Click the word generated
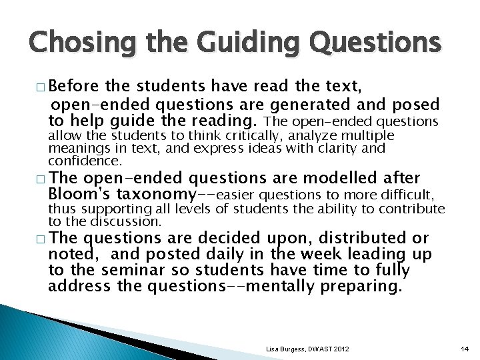pyautogui.click(x=309, y=105)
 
